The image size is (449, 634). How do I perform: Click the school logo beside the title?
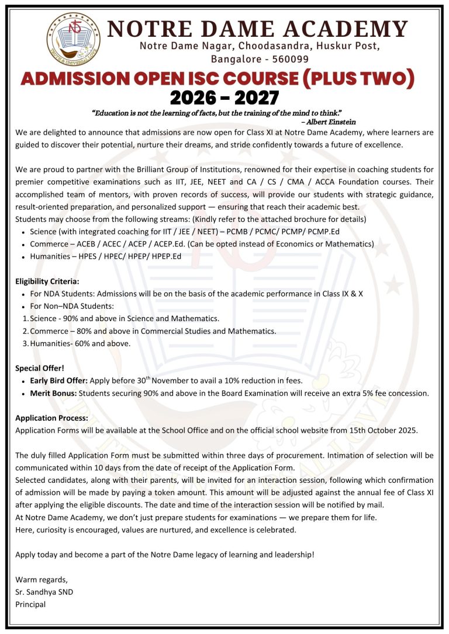click(74, 38)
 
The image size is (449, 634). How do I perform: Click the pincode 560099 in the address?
click(289, 58)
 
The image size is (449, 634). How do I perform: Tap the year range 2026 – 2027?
click(224, 97)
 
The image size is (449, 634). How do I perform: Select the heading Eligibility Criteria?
click(47, 281)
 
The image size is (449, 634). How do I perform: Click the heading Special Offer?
click(40, 368)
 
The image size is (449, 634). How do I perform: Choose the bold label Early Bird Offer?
click(58, 381)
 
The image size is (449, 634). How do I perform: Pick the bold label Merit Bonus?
click(53, 393)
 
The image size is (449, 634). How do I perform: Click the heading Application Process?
click(51, 418)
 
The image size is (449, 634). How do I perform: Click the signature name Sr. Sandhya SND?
click(44, 592)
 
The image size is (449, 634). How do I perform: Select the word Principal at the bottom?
click(30, 604)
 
